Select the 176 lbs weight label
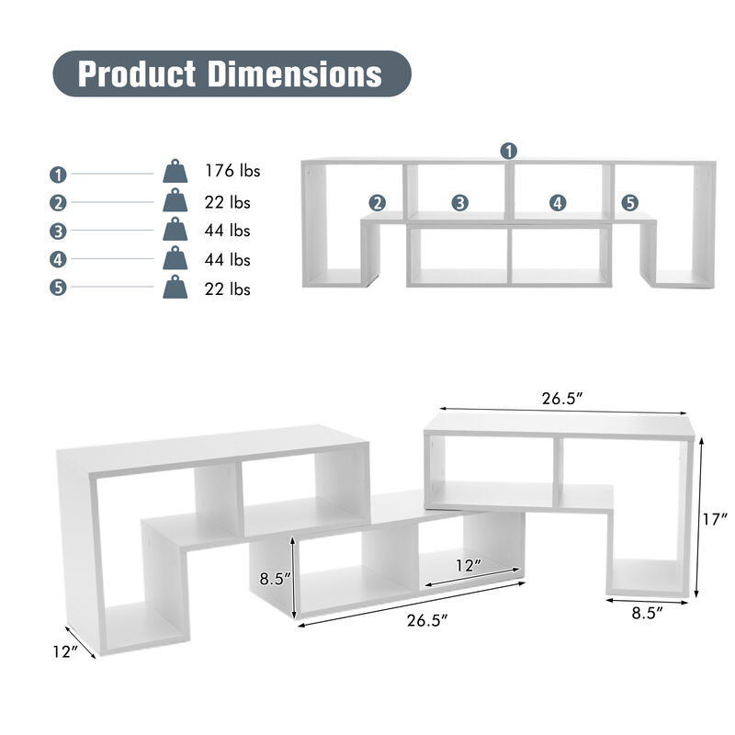(232, 171)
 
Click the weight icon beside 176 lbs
(175, 172)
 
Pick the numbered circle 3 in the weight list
(59, 232)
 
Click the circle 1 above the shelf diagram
(509, 150)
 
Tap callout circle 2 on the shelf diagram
(378, 203)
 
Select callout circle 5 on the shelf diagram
(629, 203)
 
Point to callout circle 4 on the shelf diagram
(558, 203)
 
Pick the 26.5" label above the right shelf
(563, 399)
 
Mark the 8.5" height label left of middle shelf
(275, 579)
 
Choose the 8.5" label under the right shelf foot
(647, 613)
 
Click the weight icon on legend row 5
(175, 288)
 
